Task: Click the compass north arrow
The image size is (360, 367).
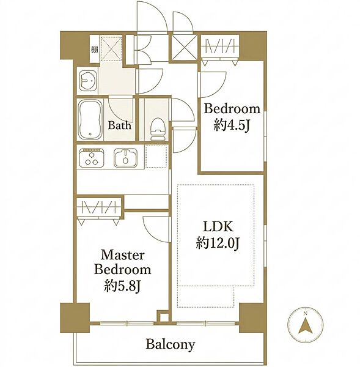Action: click(305, 326)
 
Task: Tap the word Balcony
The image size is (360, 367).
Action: click(171, 345)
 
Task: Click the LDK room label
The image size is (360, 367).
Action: click(218, 226)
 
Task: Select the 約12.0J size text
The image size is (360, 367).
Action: click(218, 243)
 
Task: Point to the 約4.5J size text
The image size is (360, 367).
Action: click(232, 125)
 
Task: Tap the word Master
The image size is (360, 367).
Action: click(122, 255)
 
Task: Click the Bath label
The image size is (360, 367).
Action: click(119, 125)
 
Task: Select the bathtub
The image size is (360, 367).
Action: click(90, 120)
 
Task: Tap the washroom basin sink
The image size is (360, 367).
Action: click(88, 80)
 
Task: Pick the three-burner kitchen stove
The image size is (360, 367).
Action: click(92, 158)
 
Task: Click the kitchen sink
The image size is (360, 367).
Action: click(125, 158)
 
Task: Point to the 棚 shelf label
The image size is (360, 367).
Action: click(94, 50)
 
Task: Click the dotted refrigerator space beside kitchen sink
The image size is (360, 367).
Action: click(156, 157)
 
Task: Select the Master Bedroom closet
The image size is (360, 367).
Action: click(99, 207)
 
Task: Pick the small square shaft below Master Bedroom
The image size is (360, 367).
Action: click(164, 317)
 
